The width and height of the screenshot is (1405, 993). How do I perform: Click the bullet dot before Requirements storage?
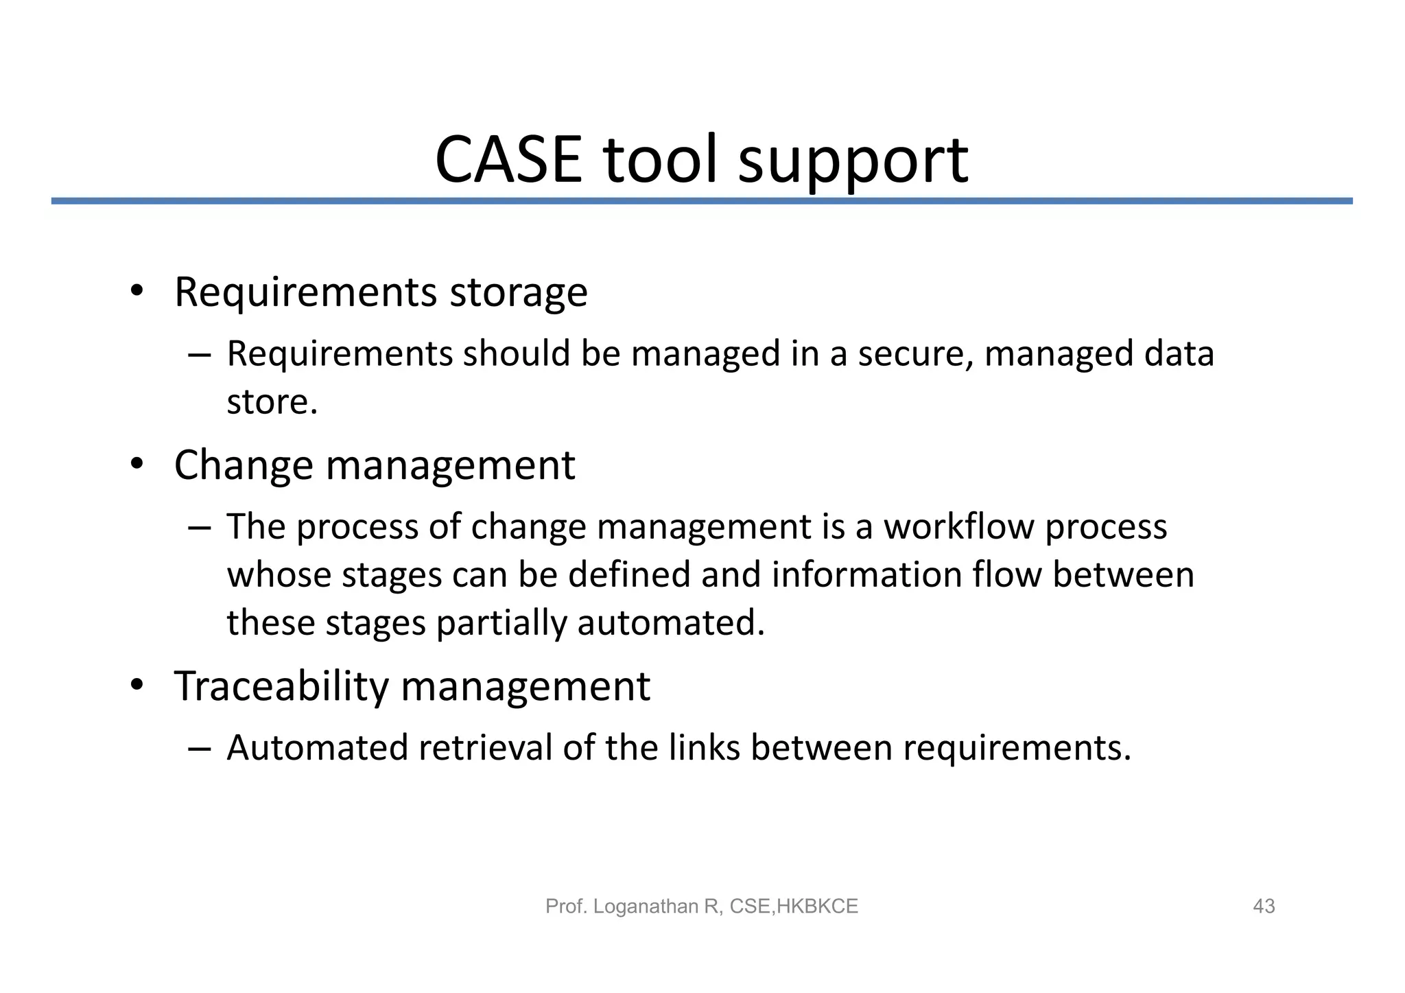coord(137,291)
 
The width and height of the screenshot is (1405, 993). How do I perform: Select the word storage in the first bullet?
coord(518,294)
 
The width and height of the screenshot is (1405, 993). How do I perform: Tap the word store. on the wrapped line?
coord(272,402)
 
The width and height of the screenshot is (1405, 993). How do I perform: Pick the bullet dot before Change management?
coord(137,465)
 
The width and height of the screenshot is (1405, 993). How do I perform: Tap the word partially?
coord(501,623)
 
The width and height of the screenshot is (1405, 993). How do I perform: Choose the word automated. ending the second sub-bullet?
coord(670,623)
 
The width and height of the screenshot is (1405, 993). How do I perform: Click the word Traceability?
coord(281,686)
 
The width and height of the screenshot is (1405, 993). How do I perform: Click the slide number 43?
coord(1264,907)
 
